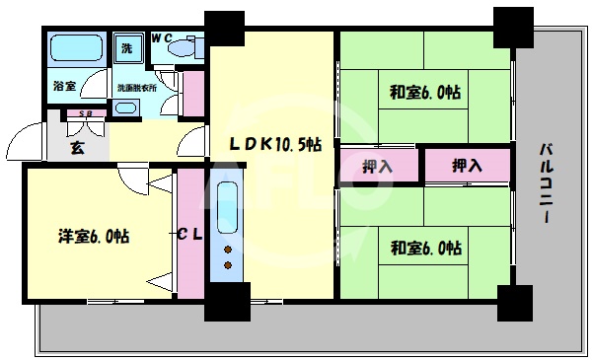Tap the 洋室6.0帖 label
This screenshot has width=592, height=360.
[92, 236]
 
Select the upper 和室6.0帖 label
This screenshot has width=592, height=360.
[425, 94]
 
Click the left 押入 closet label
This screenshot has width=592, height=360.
[378, 166]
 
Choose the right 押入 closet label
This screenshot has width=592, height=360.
[468, 166]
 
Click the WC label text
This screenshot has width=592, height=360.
[160, 39]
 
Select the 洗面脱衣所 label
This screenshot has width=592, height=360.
[137, 87]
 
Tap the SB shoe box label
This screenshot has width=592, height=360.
[85, 114]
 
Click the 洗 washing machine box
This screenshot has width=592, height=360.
[128, 47]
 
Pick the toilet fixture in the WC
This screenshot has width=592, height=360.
[184, 47]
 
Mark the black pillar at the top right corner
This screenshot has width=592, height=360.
[514, 26]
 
